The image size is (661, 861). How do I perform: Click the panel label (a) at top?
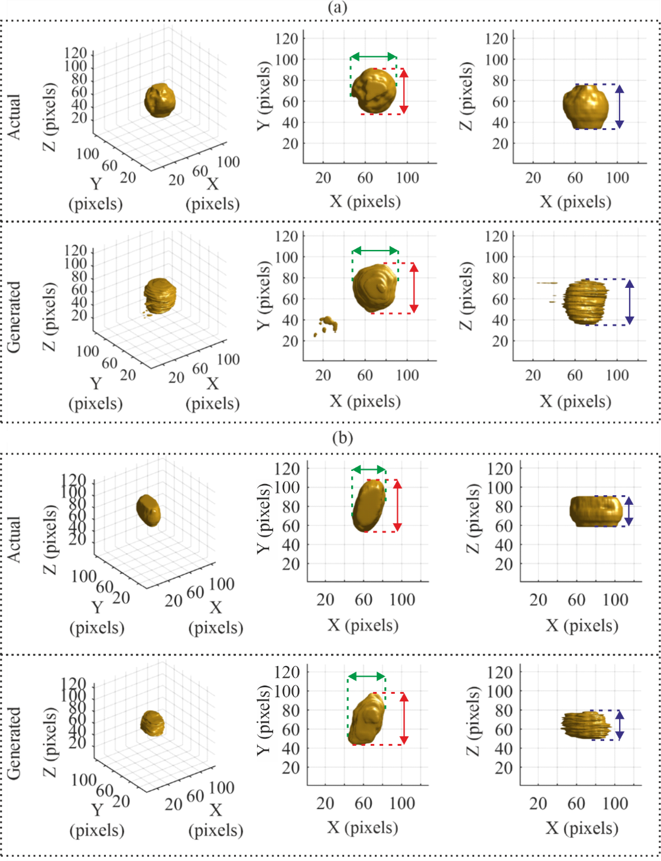[x=337, y=8]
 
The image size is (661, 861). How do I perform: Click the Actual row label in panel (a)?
[x=14, y=116]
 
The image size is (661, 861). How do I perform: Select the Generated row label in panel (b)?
[x=14, y=743]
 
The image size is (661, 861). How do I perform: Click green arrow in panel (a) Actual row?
[x=373, y=57]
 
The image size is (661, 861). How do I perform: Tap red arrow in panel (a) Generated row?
[x=414, y=288]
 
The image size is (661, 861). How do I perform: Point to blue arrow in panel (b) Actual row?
[x=628, y=511]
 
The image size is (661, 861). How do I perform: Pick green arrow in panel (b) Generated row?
[x=367, y=677]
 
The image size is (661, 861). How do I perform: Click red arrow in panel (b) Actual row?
[x=397, y=505]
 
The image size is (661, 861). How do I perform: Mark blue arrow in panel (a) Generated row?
[x=629, y=302]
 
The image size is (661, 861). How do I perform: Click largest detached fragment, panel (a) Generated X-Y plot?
[x=328, y=323]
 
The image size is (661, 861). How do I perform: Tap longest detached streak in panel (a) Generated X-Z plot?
[x=547, y=283]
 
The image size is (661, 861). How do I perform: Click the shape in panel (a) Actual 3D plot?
[x=160, y=100]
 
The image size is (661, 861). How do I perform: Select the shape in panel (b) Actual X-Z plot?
[x=596, y=511]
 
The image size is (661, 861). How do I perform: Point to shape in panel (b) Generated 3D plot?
[x=153, y=723]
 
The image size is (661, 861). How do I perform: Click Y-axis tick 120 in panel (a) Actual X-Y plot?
[x=287, y=39]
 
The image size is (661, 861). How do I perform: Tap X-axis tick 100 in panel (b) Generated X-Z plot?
[x=615, y=803]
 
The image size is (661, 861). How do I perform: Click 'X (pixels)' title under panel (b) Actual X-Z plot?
[x=582, y=625]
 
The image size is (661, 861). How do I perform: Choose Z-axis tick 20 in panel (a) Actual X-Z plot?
[x=500, y=144]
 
